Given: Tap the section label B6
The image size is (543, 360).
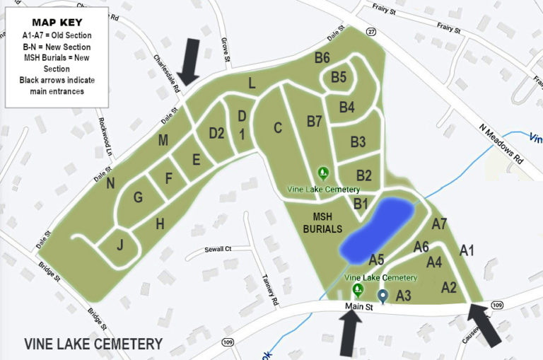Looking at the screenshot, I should coord(322,57).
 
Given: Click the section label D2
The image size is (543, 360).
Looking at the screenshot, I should coord(216,132).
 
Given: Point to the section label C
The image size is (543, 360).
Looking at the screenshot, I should coord(278,127).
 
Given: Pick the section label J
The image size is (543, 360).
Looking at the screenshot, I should coord(120,245).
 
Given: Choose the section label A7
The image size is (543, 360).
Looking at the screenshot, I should coord(439,224).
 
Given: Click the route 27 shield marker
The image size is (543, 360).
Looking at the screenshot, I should coord(371,32).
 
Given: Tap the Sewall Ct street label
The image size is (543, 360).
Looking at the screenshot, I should coord(218,249).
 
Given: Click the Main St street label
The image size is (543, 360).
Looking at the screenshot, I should coord(358,307).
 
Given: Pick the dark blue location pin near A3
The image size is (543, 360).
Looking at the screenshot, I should coord(383,296).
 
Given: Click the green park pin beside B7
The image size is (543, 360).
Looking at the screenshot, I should coord(323,173).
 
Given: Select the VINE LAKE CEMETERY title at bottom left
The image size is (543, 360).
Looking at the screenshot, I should coord(93,344).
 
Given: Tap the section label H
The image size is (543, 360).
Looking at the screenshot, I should coord(160,224).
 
